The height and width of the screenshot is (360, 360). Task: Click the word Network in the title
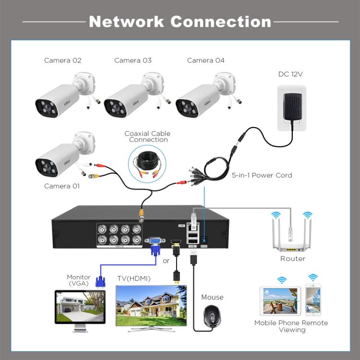coord(126,22)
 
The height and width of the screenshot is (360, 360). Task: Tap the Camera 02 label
coord(63,60)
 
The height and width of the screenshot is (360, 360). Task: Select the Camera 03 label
coord(133,60)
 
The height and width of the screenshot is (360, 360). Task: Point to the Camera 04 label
coord(205,60)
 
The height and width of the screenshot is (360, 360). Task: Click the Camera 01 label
coord(62,186)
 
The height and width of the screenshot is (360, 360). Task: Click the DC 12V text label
coord(290,74)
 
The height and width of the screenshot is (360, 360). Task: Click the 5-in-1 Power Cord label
coord(262,175)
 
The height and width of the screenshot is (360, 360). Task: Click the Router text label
coord(293,259)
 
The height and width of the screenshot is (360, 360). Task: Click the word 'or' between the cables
coord(167,261)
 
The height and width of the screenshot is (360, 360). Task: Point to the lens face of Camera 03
coord(115,108)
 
